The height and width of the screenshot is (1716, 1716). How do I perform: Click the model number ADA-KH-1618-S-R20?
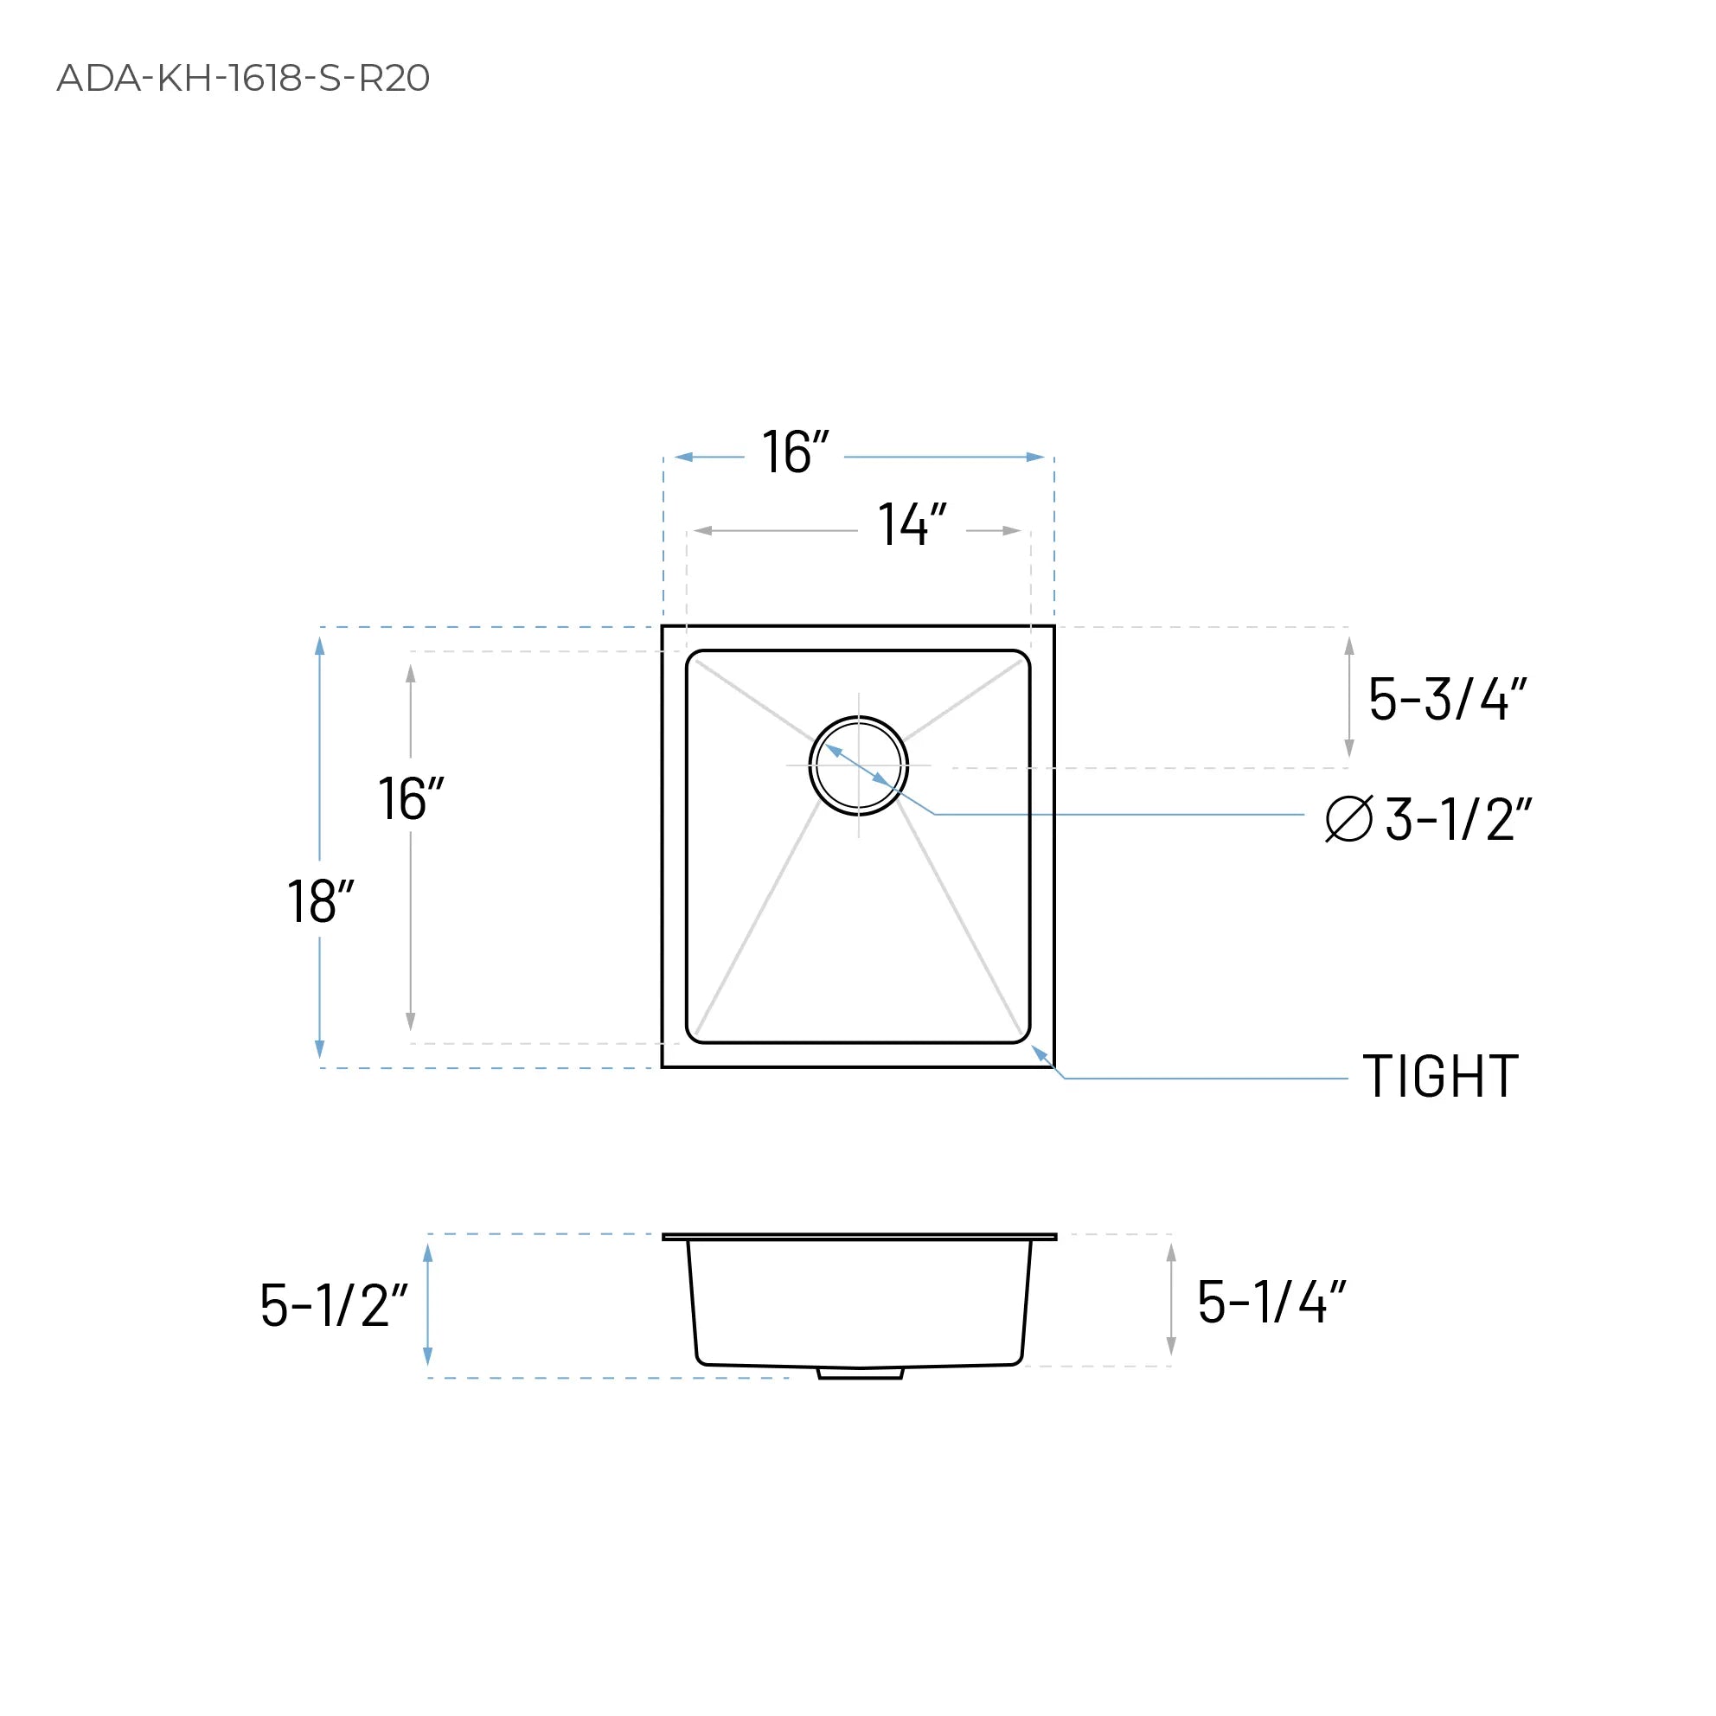pos(242,78)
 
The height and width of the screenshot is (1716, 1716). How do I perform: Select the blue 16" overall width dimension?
pos(794,453)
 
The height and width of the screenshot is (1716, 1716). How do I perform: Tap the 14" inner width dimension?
pos(912,525)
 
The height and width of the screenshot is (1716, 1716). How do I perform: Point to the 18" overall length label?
pos(320,901)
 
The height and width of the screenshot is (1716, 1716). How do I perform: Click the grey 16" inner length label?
pos(410,798)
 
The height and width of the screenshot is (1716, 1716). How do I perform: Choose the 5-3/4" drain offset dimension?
pos(1447,699)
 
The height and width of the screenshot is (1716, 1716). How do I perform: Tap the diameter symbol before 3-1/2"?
pos(1348,818)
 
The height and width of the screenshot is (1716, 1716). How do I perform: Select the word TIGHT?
pos(1441,1078)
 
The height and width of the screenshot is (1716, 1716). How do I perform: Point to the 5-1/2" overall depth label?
pos(333,1306)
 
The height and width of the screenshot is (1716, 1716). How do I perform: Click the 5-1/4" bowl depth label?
pos(1271,1302)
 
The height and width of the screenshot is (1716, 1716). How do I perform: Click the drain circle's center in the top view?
pos(858,765)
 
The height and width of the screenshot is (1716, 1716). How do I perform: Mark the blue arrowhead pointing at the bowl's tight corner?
pos(1039,1053)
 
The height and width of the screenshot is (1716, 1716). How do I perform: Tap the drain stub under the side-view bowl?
pos(860,1373)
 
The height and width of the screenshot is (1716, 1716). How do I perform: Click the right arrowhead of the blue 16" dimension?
pos(1035,458)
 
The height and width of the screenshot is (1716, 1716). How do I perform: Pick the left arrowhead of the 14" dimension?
pos(702,531)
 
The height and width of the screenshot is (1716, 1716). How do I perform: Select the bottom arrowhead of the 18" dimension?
pos(320,1049)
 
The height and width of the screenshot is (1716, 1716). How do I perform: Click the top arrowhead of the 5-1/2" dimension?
pos(427,1253)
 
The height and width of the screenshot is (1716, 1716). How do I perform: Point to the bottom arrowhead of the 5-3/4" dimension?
pos(1349,748)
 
